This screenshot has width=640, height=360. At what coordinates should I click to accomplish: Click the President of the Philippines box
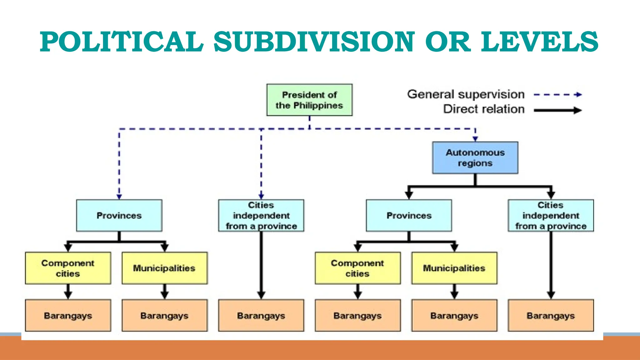click(309, 100)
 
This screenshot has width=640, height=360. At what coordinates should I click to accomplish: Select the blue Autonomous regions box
click(475, 158)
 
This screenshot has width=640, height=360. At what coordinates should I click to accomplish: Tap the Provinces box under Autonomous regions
click(409, 215)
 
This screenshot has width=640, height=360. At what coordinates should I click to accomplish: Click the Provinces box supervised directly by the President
click(119, 215)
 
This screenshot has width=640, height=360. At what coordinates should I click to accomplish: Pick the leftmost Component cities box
click(68, 268)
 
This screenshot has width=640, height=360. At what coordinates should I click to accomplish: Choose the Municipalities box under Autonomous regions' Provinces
click(454, 268)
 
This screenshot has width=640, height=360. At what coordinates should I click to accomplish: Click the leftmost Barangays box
click(68, 315)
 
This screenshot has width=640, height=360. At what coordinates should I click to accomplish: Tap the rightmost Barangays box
click(551, 315)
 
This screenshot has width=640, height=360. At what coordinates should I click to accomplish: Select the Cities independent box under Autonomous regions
click(551, 215)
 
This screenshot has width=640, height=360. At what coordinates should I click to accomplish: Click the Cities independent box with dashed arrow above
click(261, 215)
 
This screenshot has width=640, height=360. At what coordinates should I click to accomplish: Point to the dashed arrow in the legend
click(557, 94)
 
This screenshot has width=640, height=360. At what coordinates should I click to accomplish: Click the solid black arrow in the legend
click(557, 110)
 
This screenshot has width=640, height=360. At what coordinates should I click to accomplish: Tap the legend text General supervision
click(466, 94)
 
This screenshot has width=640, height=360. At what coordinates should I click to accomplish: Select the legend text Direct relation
click(484, 109)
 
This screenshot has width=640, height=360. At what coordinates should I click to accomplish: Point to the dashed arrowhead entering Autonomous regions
click(475, 139)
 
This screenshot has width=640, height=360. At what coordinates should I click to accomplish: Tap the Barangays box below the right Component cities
click(357, 315)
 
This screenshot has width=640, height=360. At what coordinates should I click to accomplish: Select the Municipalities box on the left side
click(164, 268)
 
